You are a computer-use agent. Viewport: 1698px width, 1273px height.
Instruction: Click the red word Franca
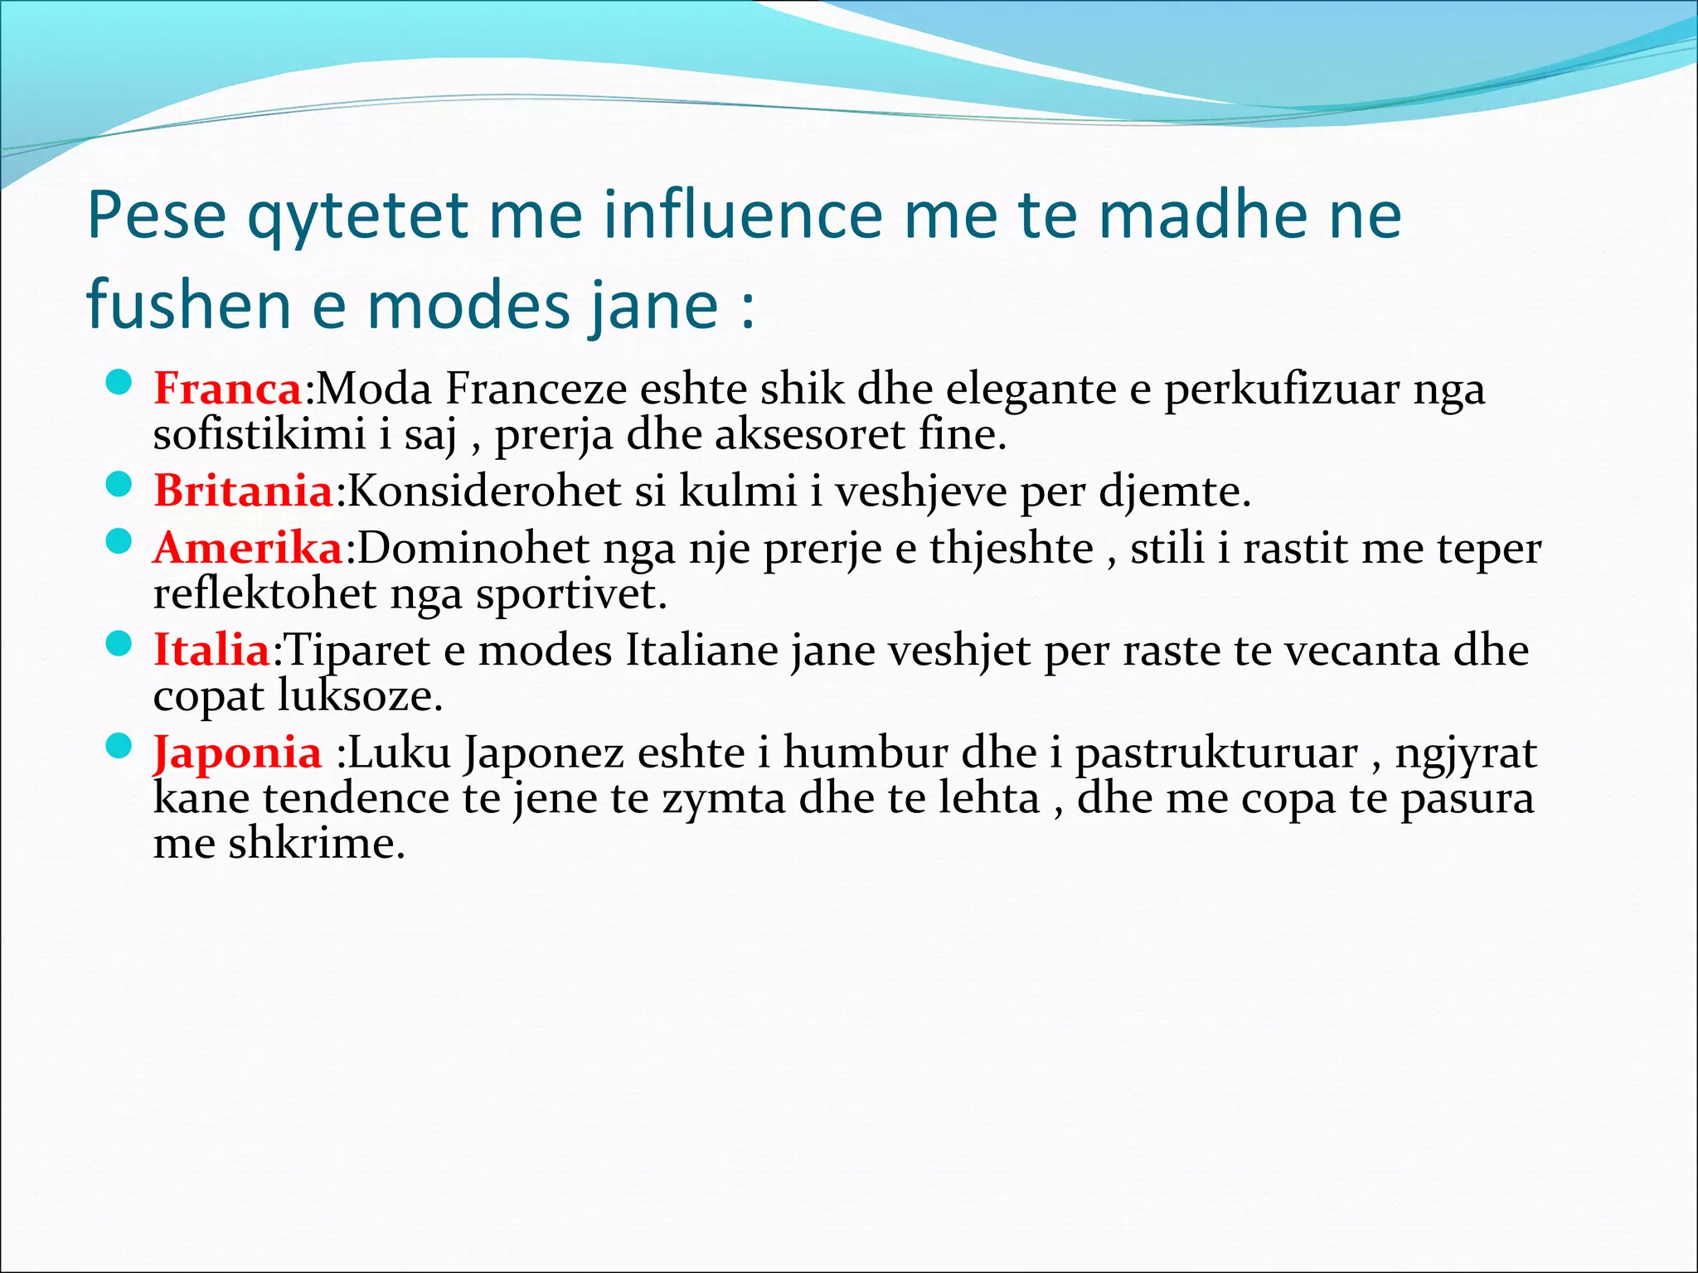pos(228,388)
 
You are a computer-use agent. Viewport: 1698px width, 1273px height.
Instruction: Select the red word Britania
pos(243,491)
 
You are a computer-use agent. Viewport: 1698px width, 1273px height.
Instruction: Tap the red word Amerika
pos(248,548)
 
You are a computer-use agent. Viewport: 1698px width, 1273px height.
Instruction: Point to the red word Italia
pos(212,650)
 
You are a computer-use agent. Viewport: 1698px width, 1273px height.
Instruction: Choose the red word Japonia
pos(237,753)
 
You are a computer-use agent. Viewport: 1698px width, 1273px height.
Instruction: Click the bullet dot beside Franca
pos(119,383)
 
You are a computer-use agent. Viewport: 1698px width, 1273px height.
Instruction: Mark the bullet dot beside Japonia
pos(119,747)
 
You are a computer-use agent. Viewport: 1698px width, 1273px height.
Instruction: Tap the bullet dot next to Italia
pos(119,644)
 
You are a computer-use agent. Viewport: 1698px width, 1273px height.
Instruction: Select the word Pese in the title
pos(157,215)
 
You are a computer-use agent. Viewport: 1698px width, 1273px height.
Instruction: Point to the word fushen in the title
pos(188,304)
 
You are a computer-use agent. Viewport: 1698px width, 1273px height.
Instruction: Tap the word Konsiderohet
pos(484,491)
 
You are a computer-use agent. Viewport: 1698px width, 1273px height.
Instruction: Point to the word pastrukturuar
pos(1216,754)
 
